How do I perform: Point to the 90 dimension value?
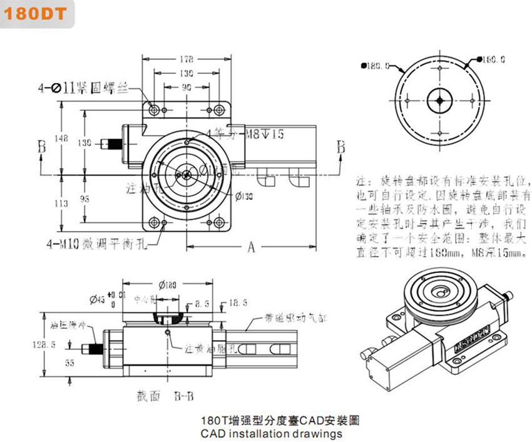(x=186, y=88)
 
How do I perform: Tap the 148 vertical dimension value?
(x=61, y=138)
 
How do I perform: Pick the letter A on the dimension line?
(x=250, y=247)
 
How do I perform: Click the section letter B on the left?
(x=42, y=146)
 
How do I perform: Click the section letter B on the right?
(x=341, y=146)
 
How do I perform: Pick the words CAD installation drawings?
(x=272, y=433)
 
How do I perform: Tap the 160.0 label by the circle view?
(x=493, y=60)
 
